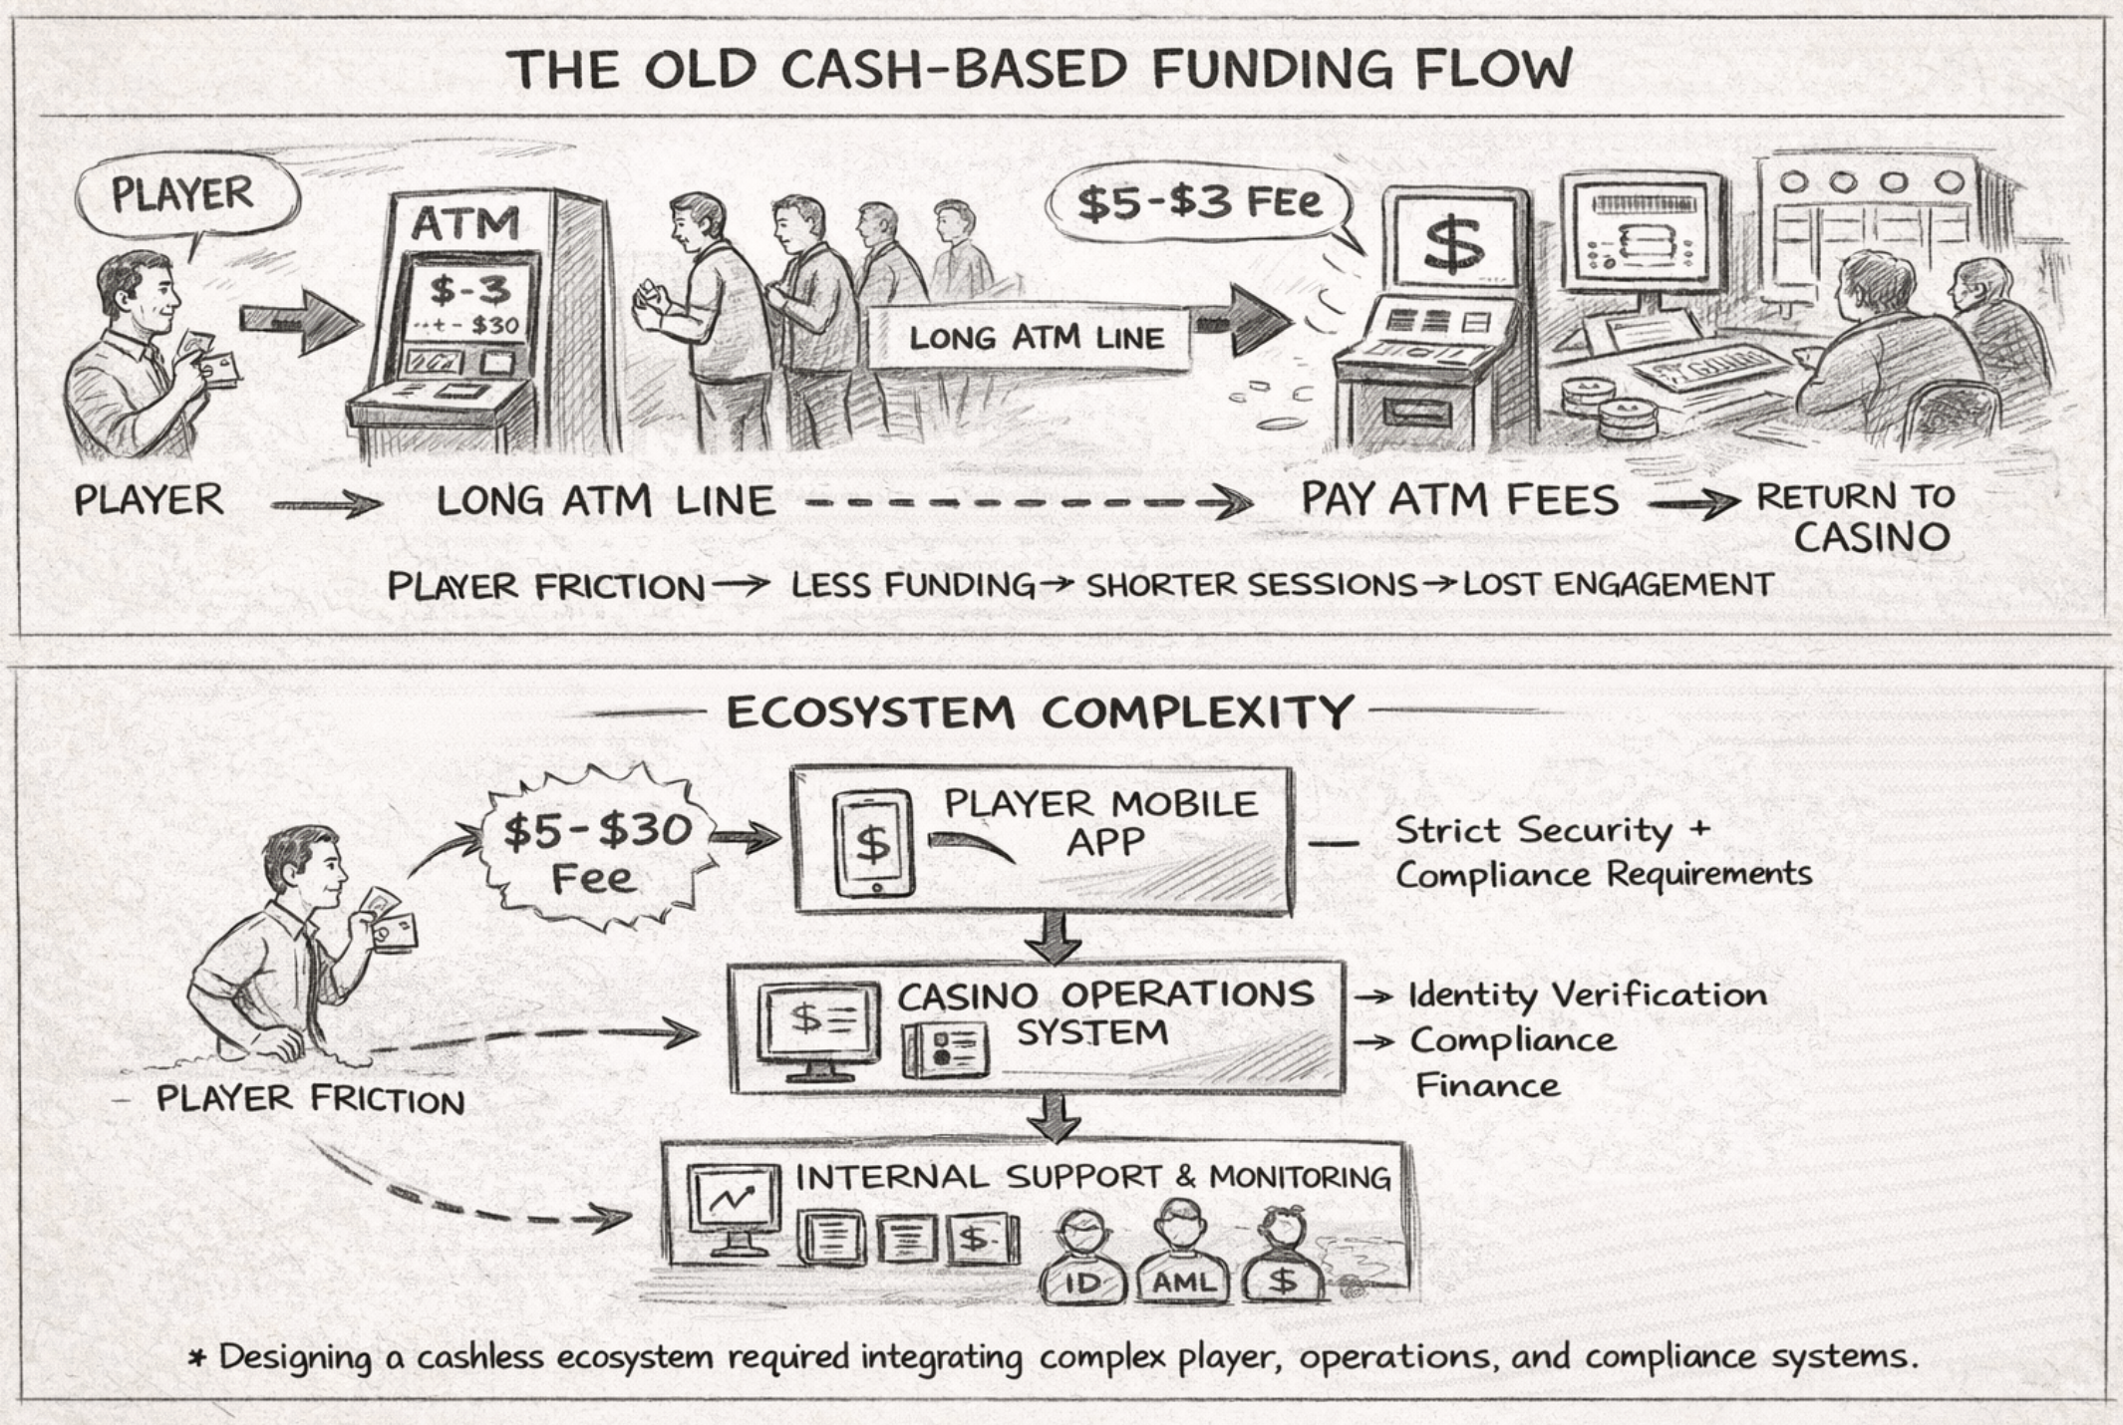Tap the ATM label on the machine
click(465, 221)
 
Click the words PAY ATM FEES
click(1460, 500)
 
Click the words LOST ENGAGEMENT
click(1617, 585)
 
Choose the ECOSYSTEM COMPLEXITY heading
click(1040, 713)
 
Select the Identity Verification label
click(1587, 995)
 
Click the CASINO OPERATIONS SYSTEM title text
click(1104, 1012)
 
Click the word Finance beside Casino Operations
click(1487, 1084)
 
